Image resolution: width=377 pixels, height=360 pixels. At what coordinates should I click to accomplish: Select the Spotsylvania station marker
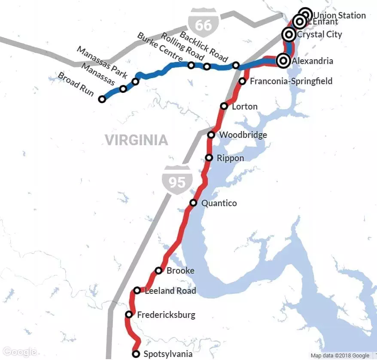(136, 354)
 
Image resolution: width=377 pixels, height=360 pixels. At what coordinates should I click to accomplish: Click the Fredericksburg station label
(166, 315)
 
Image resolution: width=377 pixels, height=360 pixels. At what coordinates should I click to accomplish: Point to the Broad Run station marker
(102, 99)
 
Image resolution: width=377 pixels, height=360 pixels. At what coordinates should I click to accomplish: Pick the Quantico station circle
(193, 203)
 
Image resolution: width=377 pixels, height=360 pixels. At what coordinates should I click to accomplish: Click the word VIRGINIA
(136, 140)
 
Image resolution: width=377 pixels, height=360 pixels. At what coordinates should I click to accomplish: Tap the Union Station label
(340, 15)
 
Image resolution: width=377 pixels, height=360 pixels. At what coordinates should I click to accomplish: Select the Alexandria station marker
(283, 61)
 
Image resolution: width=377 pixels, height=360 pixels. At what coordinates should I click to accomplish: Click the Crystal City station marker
(289, 34)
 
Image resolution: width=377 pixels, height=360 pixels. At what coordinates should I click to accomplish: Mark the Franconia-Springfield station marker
(242, 81)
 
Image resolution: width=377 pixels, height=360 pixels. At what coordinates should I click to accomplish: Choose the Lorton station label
(245, 107)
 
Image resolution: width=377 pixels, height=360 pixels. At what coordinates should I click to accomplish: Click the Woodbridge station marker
(211, 135)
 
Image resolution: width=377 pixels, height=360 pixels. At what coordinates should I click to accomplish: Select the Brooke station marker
(158, 271)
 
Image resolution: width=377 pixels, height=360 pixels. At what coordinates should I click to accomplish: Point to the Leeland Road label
(170, 291)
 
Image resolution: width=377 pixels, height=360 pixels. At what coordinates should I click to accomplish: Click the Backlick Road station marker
(236, 65)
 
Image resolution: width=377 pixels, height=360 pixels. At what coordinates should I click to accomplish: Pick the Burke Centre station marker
(191, 65)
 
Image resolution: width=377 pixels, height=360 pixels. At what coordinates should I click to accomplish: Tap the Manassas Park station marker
(135, 81)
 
